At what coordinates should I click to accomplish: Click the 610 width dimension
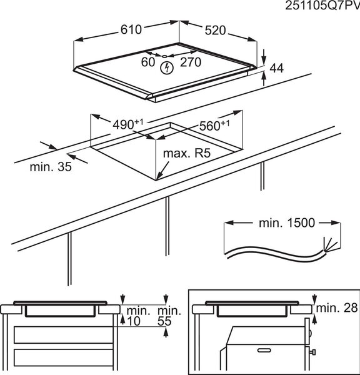[131, 29]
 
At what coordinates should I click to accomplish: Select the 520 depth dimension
[215, 31]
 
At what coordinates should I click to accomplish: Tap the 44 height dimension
[276, 68]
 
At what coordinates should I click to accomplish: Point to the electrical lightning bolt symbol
[167, 68]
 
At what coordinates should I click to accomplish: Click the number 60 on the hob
[148, 62]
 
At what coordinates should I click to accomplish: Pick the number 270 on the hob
[191, 62]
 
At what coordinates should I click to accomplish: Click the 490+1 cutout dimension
[127, 124]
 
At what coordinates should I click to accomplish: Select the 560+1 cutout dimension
[214, 126]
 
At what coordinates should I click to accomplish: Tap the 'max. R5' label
[187, 153]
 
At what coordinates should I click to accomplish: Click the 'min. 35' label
[51, 167]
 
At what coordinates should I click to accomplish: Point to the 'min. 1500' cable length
[287, 223]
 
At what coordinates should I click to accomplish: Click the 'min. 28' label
[337, 307]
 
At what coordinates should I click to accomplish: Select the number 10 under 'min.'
[134, 321]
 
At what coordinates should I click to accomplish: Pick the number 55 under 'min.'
[164, 321]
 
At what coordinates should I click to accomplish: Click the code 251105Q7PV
[322, 6]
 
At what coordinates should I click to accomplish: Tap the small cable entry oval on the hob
[165, 56]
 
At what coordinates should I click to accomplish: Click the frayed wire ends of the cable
[331, 244]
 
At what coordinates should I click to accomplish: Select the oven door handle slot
[264, 350]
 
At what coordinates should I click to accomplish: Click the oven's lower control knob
[312, 352]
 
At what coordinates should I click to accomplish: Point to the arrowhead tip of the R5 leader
[157, 179]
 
